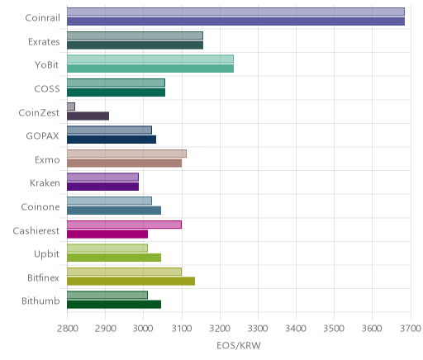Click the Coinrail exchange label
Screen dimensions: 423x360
click(x=42, y=18)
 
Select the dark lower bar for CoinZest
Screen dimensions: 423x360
click(x=88, y=116)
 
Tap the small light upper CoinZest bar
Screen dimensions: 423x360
click(x=71, y=107)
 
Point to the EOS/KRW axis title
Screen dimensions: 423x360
click(x=239, y=345)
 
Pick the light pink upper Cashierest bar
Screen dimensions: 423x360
click(x=124, y=225)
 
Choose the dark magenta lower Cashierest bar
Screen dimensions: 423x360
click(x=107, y=234)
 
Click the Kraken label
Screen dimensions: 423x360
click(x=45, y=183)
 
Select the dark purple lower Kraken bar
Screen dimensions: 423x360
click(x=102, y=187)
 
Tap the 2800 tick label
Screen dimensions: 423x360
click(x=68, y=329)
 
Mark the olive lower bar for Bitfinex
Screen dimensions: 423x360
click(x=131, y=282)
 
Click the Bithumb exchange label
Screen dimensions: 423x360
click(x=40, y=301)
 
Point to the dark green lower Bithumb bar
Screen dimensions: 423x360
click(x=114, y=305)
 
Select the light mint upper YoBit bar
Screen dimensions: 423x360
click(x=150, y=59)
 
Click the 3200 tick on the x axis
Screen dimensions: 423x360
click(x=220, y=329)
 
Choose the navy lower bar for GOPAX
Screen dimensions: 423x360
click(x=112, y=140)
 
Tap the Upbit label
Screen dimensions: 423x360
click(x=46, y=254)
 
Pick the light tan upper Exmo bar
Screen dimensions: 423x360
click(x=126, y=154)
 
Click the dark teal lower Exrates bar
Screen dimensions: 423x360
click(x=135, y=45)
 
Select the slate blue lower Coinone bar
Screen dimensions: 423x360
click(x=114, y=211)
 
